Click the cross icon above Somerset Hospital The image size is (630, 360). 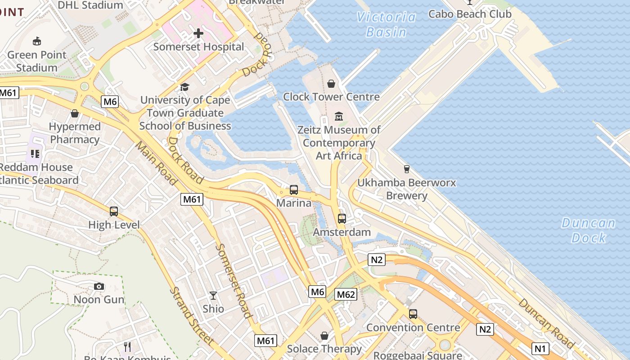(198, 33)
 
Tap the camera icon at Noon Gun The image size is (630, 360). (99, 286)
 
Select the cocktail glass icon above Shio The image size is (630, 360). (213, 296)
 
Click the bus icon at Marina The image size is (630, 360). (294, 190)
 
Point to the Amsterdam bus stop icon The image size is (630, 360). (342, 219)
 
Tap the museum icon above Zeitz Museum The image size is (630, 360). (339, 117)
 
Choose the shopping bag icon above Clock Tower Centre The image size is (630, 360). (331, 84)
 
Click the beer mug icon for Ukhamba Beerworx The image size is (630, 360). (407, 169)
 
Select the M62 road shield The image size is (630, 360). (346, 295)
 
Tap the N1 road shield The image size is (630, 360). (540, 348)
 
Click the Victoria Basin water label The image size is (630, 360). (386, 24)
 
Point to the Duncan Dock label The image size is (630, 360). (589, 230)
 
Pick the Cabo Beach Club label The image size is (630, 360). (470, 14)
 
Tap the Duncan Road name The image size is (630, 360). (546, 323)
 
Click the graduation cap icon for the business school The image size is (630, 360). (184, 87)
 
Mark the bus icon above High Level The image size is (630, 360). (114, 211)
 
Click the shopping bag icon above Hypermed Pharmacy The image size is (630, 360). (75, 113)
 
